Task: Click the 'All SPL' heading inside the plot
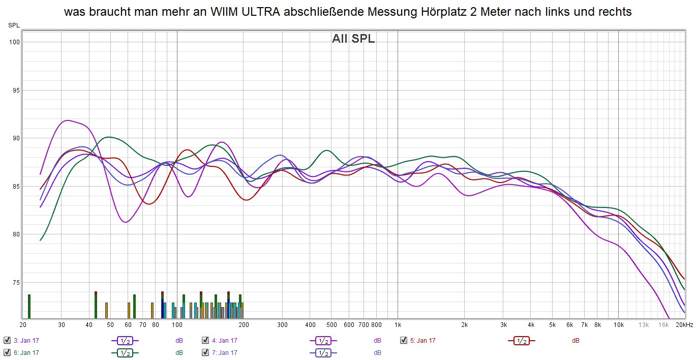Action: pyautogui.click(x=353, y=39)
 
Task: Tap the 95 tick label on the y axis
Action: pyautogui.click(x=15, y=91)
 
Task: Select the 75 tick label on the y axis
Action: pyautogui.click(x=15, y=283)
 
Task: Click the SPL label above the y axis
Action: pyautogui.click(x=14, y=25)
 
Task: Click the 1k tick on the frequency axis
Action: pyautogui.click(x=398, y=325)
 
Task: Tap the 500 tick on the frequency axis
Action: pyautogui.click(x=331, y=325)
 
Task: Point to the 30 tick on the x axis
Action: pyautogui.click(x=61, y=325)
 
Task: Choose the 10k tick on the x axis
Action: pyautogui.click(x=618, y=325)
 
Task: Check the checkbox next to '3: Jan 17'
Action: pyautogui.click(x=7, y=341)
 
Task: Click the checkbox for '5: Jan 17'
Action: pyautogui.click(x=404, y=341)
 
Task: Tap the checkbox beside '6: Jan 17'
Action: pyautogui.click(x=7, y=352)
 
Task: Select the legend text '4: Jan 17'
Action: pyautogui.click(x=224, y=341)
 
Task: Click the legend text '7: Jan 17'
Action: pyautogui.click(x=224, y=352)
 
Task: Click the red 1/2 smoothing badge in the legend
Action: pyautogui.click(x=521, y=341)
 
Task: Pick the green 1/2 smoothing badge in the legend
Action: pyautogui.click(x=125, y=352)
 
